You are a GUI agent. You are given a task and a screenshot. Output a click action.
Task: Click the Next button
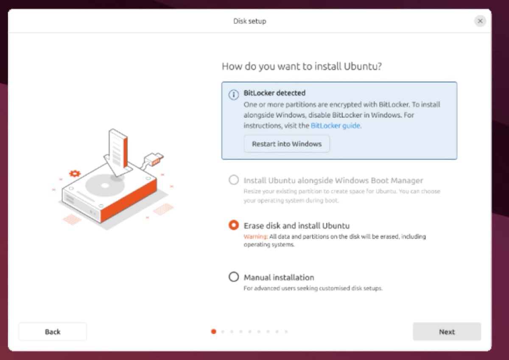coord(447,332)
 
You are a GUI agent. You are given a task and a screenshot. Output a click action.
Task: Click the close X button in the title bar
coord(480,21)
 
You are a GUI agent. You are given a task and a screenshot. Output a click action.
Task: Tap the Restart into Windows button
coord(287,144)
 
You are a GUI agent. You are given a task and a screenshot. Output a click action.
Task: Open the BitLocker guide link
coord(336,126)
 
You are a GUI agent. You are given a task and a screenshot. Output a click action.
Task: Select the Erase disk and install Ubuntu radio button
coord(234,225)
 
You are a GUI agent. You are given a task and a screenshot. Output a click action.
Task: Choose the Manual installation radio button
coord(234,277)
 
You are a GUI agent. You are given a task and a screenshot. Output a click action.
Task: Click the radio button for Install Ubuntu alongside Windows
coord(234,180)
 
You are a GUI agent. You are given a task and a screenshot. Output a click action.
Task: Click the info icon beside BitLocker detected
coord(234,95)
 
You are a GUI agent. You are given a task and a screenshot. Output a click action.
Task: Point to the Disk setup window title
coord(250,21)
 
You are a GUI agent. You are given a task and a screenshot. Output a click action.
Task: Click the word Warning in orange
coord(255,237)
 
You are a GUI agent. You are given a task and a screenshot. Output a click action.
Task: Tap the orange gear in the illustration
coord(75,173)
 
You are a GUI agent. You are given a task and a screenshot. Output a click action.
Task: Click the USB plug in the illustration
coord(154,159)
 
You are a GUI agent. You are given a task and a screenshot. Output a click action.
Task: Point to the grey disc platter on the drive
coord(105,186)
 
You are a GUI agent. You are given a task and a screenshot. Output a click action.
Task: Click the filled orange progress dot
coord(214,332)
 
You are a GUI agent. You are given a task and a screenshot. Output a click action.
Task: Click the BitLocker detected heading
coord(274,93)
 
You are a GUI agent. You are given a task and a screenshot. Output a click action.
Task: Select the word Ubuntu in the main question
coord(363,66)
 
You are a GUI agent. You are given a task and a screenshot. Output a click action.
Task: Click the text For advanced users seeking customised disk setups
coord(313,288)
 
